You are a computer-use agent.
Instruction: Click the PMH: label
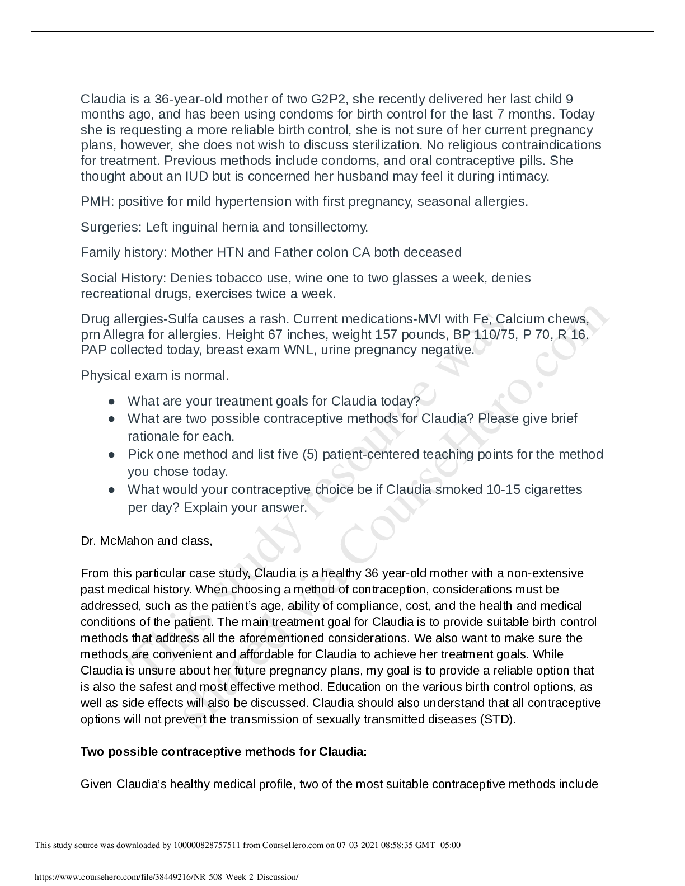coord(97,201)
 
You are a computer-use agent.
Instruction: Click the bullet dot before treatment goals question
coord(112,402)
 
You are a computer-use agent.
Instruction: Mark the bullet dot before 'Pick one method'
coord(112,454)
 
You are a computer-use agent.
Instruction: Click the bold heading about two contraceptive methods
coord(224,752)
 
